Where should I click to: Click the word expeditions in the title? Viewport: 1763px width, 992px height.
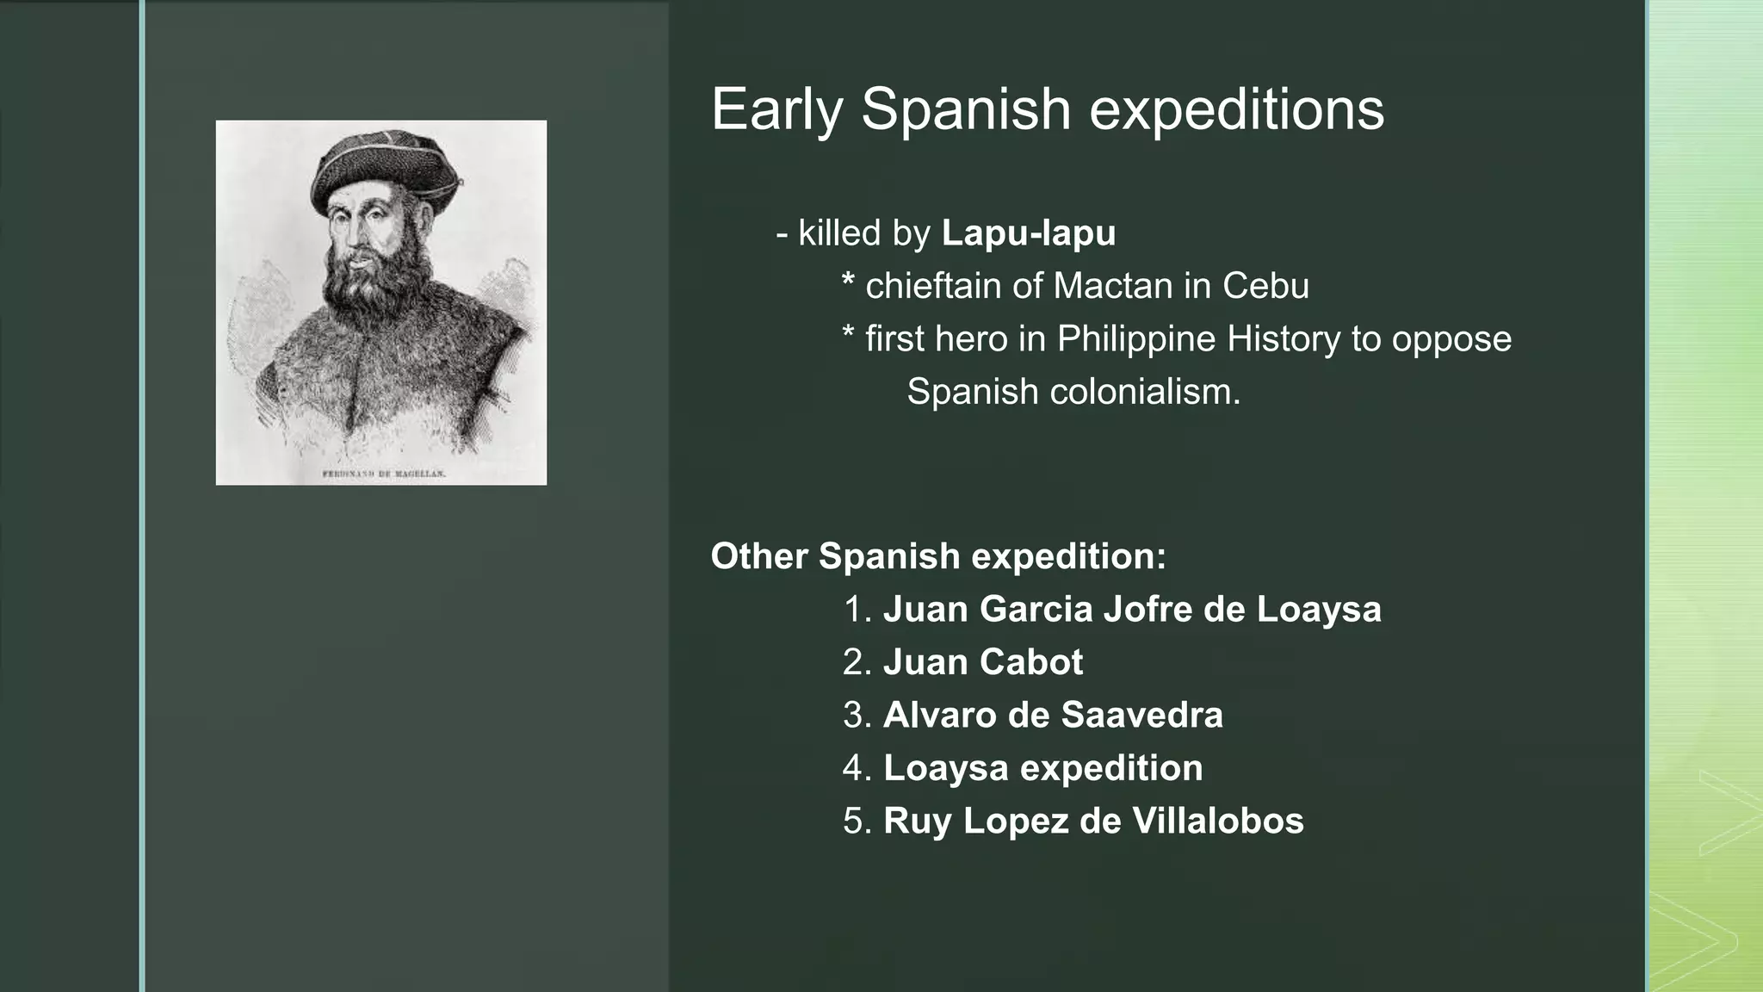(1236, 110)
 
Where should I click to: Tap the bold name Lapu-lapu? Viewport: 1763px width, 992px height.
(1028, 233)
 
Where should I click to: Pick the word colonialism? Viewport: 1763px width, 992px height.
(1145, 392)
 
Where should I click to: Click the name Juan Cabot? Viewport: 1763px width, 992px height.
(982, 662)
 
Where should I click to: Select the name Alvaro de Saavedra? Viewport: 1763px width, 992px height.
(1052, 716)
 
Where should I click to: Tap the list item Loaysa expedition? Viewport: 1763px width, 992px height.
(1042, 768)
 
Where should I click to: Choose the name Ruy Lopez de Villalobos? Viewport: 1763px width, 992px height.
(1093, 821)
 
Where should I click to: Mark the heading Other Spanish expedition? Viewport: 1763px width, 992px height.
(937, 556)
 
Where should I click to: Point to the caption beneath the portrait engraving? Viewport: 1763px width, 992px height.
(383, 474)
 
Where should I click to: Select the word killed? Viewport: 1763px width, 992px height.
(839, 233)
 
